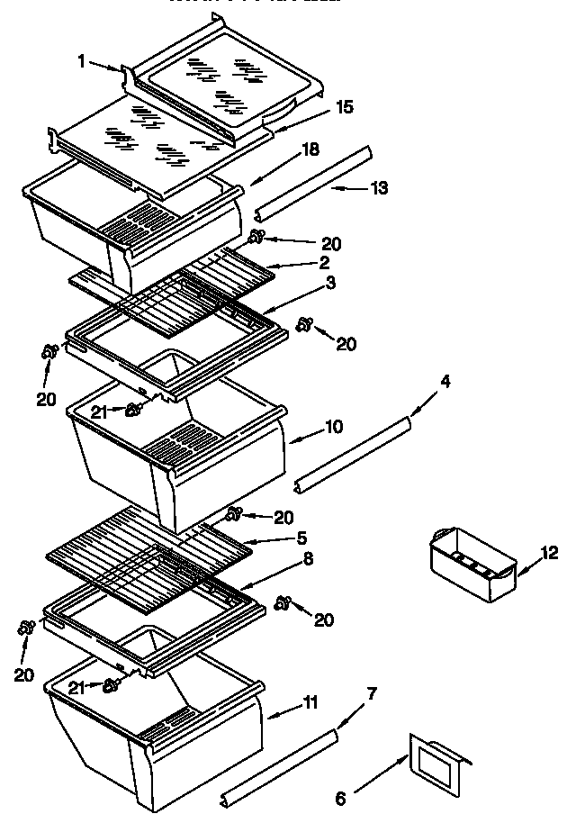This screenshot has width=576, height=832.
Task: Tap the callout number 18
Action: click(310, 150)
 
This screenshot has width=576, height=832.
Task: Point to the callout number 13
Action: click(379, 187)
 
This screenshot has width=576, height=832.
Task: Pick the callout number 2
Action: click(323, 262)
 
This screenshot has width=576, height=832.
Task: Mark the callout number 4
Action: click(445, 382)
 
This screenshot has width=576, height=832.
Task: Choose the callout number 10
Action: click(334, 426)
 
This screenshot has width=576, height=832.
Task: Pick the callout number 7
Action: click(372, 693)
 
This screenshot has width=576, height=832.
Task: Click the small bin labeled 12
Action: click(472, 565)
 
